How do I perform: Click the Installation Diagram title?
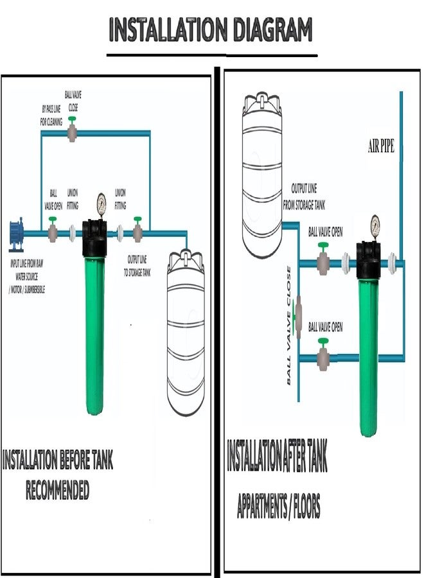[x=211, y=30]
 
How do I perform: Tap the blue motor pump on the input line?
[x=16, y=234]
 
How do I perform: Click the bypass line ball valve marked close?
[x=73, y=130]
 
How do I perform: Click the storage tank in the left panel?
[x=186, y=334]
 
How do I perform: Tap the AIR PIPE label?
[x=380, y=148]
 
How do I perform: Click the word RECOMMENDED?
[x=57, y=492]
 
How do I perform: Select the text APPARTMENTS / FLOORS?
[x=278, y=507]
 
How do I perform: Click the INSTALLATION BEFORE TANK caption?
[x=58, y=461]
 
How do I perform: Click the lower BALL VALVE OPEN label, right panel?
[x=326, y=327]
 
